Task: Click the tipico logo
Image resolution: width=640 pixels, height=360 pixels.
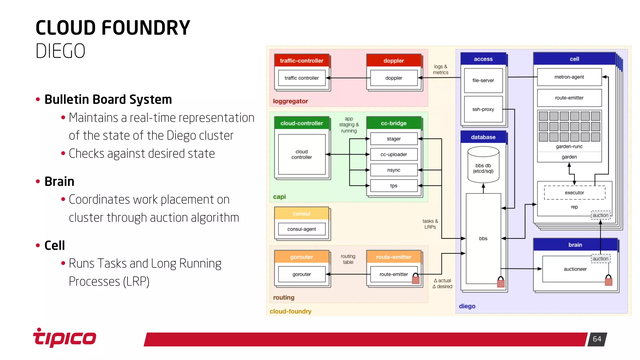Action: (x=65, y=338)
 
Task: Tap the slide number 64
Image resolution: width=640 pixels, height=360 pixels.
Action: (x=597, y=339)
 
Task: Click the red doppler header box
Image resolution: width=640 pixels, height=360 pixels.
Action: (x=393, y=61)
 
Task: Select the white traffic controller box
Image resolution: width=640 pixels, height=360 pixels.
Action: (x=302, y=78)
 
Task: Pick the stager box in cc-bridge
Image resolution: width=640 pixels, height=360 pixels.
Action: (x=393, y=139)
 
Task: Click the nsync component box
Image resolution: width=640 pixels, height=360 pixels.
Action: (x=393, y=170)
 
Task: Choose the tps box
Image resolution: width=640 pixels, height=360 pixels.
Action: (x=393, y=186)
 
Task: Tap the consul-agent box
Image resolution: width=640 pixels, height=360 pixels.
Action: (x=302, y=229)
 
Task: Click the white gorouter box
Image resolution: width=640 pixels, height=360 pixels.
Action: (x=302, y=274)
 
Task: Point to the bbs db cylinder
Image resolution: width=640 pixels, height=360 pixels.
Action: (x=483, y=166)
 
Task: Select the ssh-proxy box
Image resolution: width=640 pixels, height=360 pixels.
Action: (x=483, y=109)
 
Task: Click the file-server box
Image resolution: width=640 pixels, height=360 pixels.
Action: (x=483, y=80)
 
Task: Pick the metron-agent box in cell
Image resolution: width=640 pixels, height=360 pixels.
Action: (x=569, y=77)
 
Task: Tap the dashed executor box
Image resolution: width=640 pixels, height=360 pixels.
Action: (x=574, y=193)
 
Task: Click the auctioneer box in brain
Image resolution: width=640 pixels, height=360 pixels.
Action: (x=575, y=269)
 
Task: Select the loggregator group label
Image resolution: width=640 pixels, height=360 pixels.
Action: (x=290, y=101)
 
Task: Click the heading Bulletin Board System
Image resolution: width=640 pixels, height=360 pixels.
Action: (x=108, y=99)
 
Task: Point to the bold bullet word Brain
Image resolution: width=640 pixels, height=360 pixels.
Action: (x=59, y=182)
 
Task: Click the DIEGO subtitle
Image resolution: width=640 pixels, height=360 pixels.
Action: (x=60, y=51)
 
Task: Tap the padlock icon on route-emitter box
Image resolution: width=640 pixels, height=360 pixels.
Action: (x=416, y=278)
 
